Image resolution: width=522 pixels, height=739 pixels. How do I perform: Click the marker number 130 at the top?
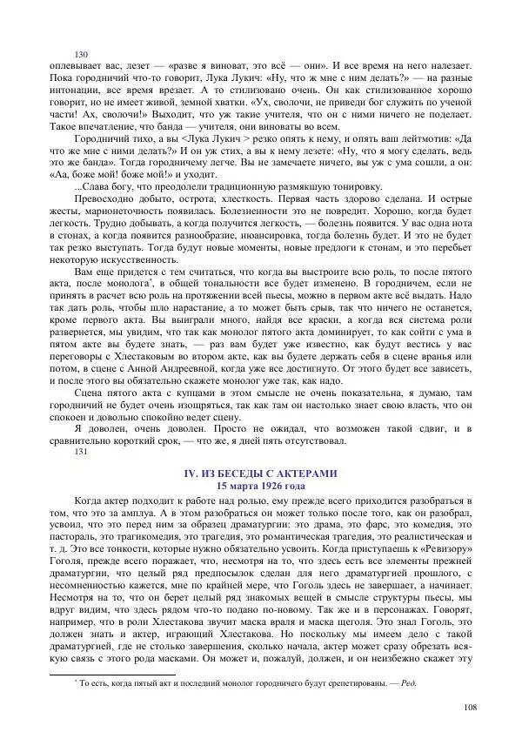(x=83, y=54)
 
